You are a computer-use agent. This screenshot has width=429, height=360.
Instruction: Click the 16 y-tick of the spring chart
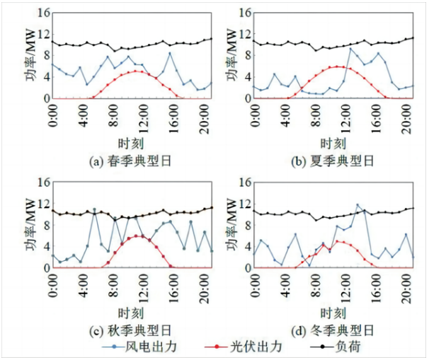click(43, 12)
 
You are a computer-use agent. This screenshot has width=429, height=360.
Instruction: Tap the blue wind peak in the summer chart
click(350, 48)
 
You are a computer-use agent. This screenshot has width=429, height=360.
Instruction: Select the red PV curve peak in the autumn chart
click(136, 236)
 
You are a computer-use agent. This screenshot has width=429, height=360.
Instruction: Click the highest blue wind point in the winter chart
click(357, 205)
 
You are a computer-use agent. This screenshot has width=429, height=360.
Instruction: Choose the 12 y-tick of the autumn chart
click(43, 203)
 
